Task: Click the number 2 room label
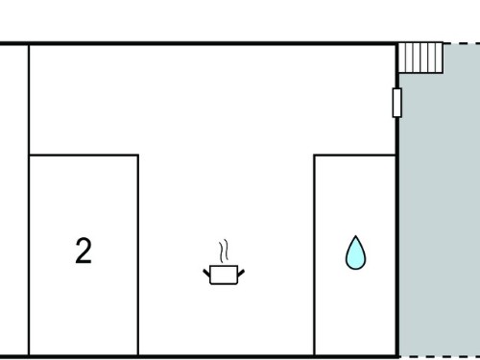click(84, 251)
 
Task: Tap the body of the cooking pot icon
click(224, 275)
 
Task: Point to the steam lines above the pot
click(224, 251)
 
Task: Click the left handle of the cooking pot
click(206, 274)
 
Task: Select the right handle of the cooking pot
click(241, 274)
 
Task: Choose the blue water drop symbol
click(355, 254)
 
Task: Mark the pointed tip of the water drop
click(355, 236)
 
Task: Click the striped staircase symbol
click(420, 59)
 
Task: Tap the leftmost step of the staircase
click(402, 59)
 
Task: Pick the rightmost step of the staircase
click(439, 59)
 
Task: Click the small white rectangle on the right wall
click(396, 103)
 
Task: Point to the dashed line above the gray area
click(462, 43)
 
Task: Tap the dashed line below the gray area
click(440, 356)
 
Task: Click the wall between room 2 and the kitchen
click(138, 255)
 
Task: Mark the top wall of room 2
click(84, 156)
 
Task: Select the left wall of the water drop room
click(315, 255)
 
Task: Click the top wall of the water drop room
click(355, 156)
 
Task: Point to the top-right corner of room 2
click(138, 156)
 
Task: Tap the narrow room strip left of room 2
click(13, 200)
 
